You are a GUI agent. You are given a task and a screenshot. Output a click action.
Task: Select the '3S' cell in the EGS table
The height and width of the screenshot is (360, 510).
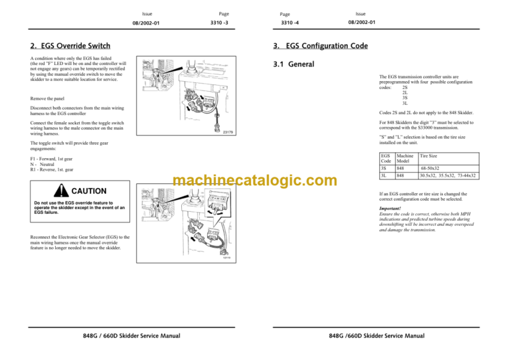pos(384,168)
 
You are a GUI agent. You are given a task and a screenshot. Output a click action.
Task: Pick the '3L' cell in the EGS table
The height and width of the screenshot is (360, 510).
pos(384,177)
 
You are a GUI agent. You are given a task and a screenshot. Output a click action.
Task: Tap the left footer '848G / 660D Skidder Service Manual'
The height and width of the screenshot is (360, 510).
pos(128,335)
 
